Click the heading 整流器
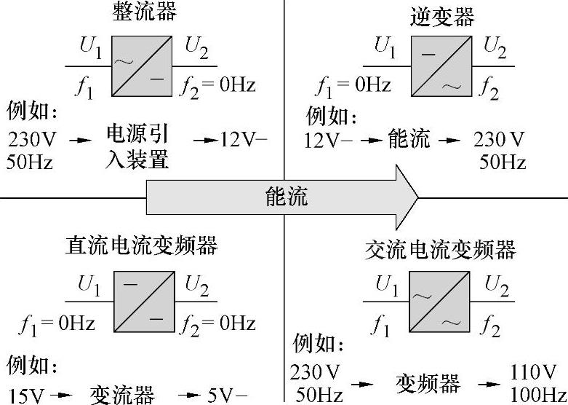[x=145, y=11]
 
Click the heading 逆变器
[x=442, y=15]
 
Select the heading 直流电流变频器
[x=141, y=245]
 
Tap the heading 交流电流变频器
[x=440, y=250]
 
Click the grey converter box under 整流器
[x=142, y=66]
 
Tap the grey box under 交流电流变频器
[x=441, y=302]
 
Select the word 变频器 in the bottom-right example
[x=428, y=382]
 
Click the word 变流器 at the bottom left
[x=122, y=395]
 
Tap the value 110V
[x=533, y=373]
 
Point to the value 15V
[x=27, y=396]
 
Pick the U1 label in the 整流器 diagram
[x=91, y=47]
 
